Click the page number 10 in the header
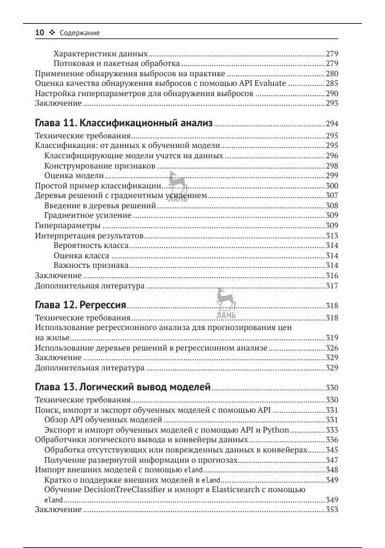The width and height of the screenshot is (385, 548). [39, 32]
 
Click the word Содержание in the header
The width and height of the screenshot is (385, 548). [80, 33]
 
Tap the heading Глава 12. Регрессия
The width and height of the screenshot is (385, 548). [80, 304]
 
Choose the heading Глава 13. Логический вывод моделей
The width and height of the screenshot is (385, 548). [123, 387]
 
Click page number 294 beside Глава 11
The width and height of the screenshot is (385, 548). [332, 124]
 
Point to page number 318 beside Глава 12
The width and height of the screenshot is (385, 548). [332, 306]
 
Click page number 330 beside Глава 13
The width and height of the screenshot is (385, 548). [332, 388]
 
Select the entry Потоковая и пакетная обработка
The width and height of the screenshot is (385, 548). [116, 63]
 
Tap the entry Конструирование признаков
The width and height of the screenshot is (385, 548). [99, 165]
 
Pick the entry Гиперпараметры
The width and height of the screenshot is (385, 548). [67, 226]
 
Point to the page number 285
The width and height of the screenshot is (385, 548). [332, 83]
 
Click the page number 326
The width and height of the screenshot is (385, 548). [332, 347]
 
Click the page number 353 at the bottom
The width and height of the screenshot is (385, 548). [332, 510]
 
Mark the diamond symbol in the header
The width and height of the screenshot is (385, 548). [53, 33]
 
